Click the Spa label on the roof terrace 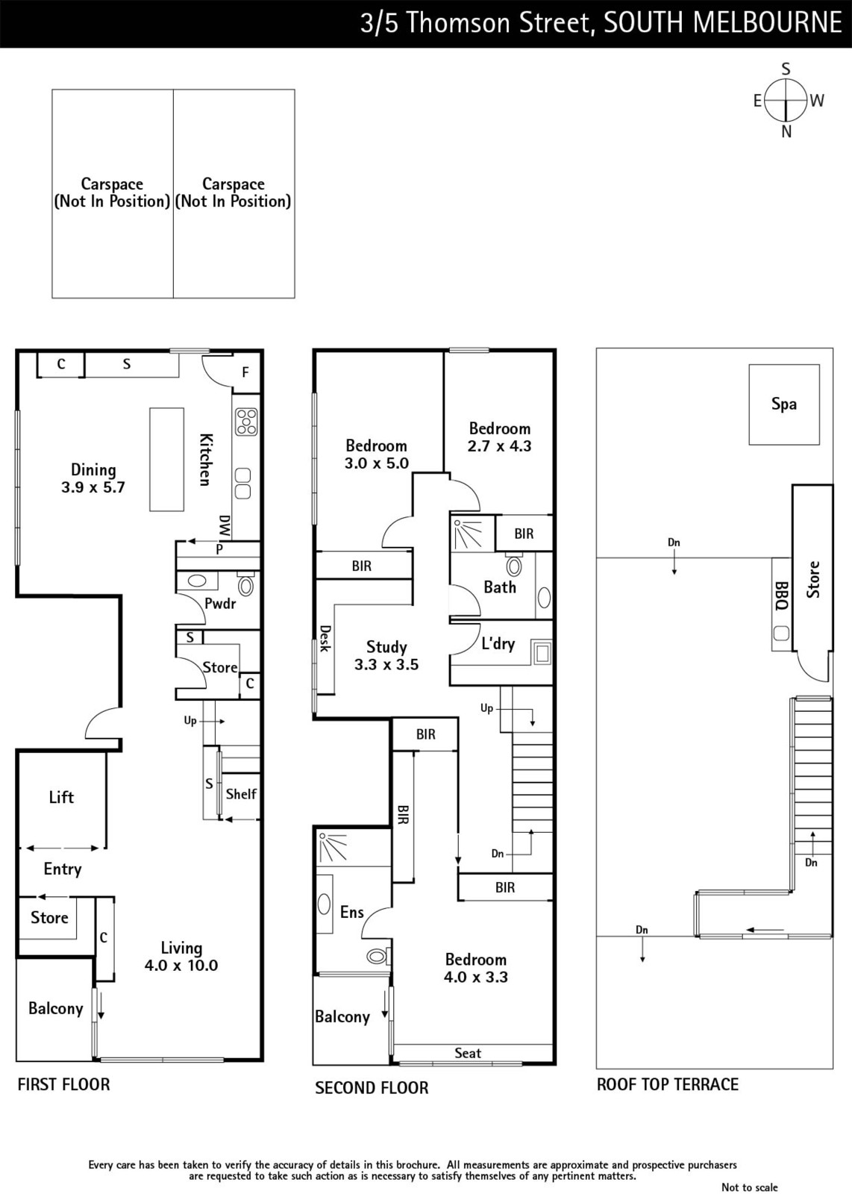784,404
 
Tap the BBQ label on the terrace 781,596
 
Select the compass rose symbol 786,100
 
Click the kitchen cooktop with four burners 247,422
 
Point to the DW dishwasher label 225,525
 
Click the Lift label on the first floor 61,797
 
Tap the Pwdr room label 220,604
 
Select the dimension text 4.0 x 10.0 181,966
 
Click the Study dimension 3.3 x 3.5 386,665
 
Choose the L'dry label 498,644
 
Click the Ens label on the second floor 351,912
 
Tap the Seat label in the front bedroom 468,1053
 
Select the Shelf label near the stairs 242,794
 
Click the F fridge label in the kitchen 245,372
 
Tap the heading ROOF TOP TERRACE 668,1084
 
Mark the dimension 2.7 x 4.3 499,446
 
